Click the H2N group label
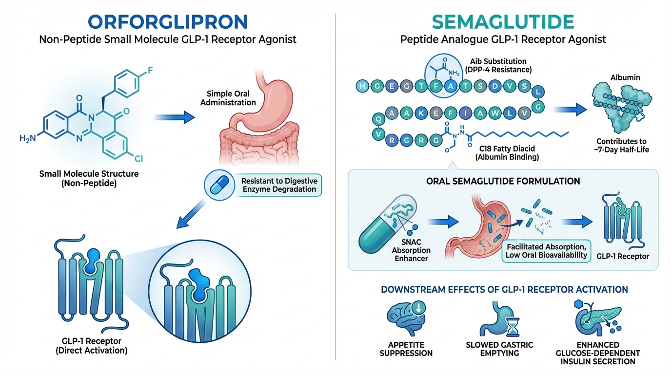pos(28,139)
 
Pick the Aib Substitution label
pos(498,61)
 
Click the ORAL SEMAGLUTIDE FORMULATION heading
pos(502,181)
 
